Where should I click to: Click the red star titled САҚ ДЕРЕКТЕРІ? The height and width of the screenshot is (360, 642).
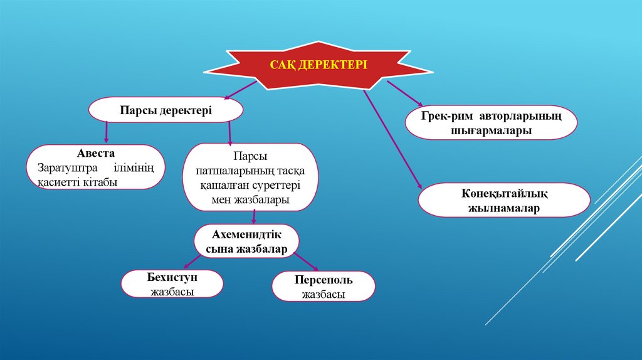coord(318,65)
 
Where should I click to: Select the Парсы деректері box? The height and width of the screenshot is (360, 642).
coord(166,110)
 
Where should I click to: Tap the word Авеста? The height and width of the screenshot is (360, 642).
coord(96,154)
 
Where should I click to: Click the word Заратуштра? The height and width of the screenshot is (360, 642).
coord(63,168)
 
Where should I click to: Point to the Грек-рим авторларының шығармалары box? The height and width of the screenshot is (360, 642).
coord(491,122)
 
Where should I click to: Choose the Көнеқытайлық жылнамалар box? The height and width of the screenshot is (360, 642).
coord(503,200)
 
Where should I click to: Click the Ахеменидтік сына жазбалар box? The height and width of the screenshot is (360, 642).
coord(246,241)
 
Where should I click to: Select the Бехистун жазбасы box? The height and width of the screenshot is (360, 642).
coord(172,283)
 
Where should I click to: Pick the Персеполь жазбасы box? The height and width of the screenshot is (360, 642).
coord(324,287)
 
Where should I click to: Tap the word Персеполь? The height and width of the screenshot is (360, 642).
coord(324,280)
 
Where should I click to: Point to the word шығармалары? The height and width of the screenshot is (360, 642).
coord(491,130)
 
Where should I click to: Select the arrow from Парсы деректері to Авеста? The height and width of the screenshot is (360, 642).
coord(107,131)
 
